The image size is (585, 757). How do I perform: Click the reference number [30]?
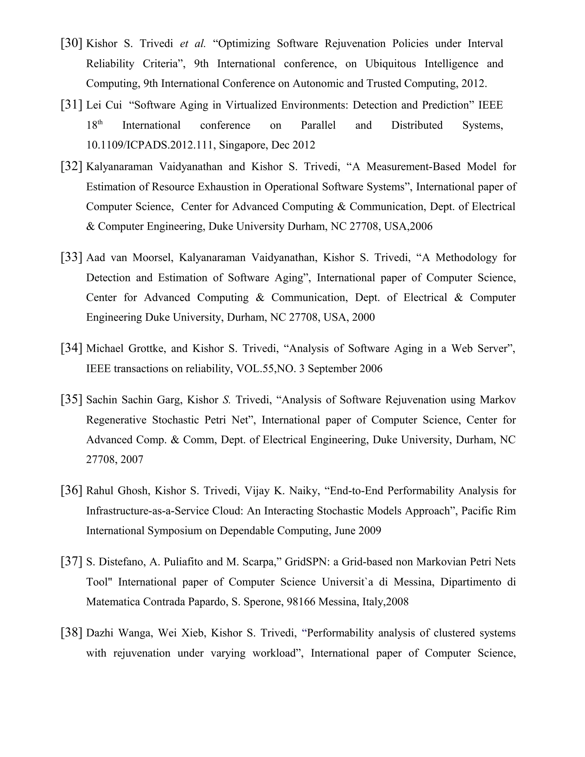pyautogui.click(x=71, y=43)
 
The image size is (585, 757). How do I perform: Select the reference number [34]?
pyautogui.click(x=71, y=348)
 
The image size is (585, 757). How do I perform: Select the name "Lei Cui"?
pyautogui.click(x=104, y=105)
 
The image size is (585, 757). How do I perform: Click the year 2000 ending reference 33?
pyautogui.click(x=363, y=317)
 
